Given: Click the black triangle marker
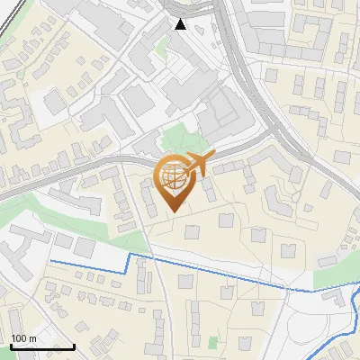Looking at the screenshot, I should [x=181, y=24].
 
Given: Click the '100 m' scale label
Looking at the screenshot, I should [x=23, y=338].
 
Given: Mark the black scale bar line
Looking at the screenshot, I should [x=41, y=346].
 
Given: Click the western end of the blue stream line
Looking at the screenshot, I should [x=51, y=261].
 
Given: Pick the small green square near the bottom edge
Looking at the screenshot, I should [x=213, y=342].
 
